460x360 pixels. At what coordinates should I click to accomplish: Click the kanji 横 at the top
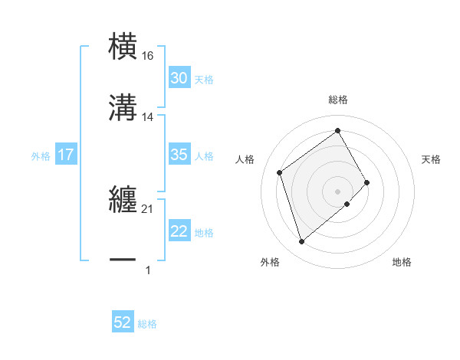pyautogui.click(x=123, y=47)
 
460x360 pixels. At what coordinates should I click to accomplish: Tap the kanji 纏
pyautogui.click(x=123, y=200)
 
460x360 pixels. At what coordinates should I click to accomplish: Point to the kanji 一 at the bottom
pyautogui.click(x=123, y=260)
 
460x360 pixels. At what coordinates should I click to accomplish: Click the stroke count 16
pyautogui.click(x=148, y=56)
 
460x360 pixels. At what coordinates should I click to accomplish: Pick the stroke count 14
pyautogui.click(x=148, y=117)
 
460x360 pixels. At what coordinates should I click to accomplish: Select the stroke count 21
pyautogui.click(x=148, y=208)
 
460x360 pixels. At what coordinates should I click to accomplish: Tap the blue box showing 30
pyautogui.click(x=179, y=78)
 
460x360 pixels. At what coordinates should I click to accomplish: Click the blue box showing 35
pyautogui.click(x=179, y=155)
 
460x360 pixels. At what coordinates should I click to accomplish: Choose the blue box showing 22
pyautogui.click(x=179, y=231)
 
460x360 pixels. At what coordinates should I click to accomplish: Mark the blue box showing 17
pyautogui.click(x=66, y=155)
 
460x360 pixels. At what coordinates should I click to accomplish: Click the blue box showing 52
pyautogui.click(x=123, y=323)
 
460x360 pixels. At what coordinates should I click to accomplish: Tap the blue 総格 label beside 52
pyautogui.click(x=148, y=324)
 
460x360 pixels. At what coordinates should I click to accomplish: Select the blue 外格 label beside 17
pyautogui.click(x=41, y=155)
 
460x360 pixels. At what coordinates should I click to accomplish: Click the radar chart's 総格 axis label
pyautogui.click(x=338, y=100)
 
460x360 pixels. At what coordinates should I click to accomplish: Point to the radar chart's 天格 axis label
pyautogui.click(x=432, y=159)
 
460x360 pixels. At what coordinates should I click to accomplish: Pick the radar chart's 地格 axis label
pyautogui.click(x=402, y=262)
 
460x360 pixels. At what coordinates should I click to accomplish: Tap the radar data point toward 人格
pyautogui.click(x=280, y=172)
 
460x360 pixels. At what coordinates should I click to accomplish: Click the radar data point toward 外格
pyautogui.click(x=301, y=242)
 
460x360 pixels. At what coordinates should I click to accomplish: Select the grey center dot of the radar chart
pyautogui.click(x=338, y=191)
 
